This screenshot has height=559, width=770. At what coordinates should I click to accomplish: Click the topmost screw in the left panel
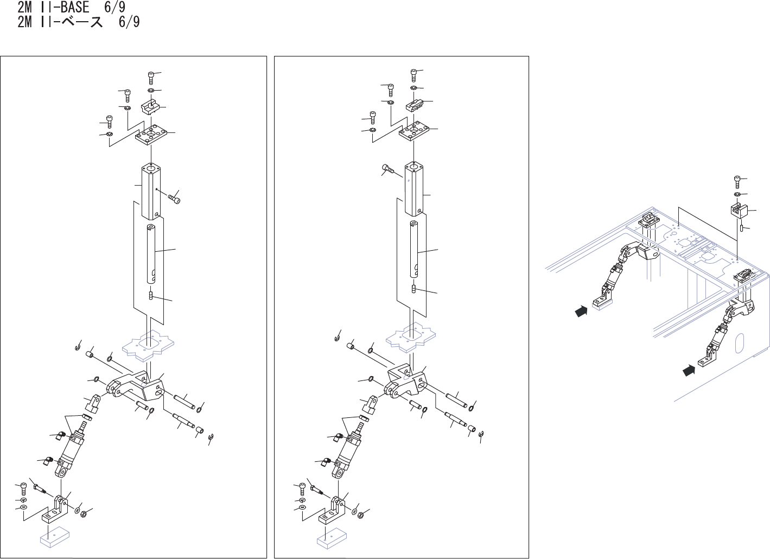(x=151, y=77)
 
